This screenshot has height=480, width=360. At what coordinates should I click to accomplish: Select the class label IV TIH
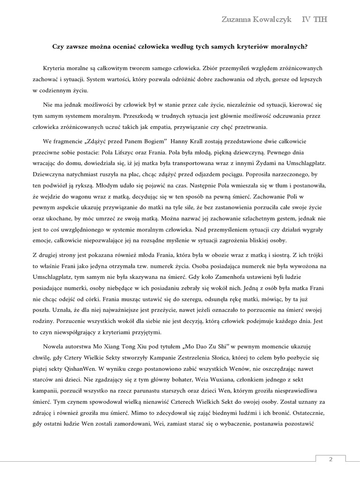coord(315,19)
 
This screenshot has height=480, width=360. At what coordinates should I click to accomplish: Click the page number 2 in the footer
coord(330,459)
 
